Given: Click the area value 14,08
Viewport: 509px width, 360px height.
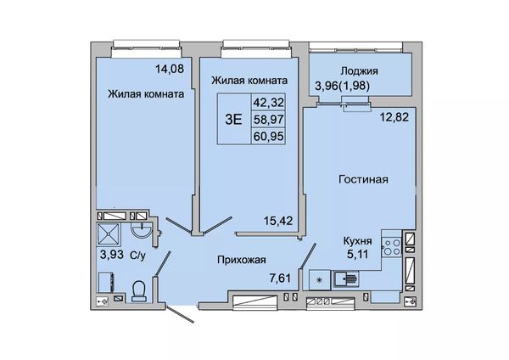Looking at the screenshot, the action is pyautogui.click(x=170, y=69).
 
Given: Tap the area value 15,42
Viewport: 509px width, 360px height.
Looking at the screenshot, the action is pyautogui.click(x=278, y=221).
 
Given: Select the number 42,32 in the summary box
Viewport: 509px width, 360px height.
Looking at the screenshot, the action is pyautogui.click(x=268, y=103).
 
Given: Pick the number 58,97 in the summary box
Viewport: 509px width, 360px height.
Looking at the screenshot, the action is pyautogui.click(x=268, y=119).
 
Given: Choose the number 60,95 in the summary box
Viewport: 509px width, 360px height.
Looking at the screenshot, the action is pyautogui.click(x=268, y=136).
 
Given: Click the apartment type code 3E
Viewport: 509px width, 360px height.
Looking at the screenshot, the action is pyautogui.click(x=233, y=120).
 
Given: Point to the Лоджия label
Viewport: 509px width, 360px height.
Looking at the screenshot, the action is pyautogui.click(x=360, y=70).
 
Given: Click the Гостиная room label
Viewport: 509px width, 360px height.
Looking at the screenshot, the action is pyautogui.click(x=363, y=179).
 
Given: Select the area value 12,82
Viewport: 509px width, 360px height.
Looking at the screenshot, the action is pyautogui.click(x=394, y=117).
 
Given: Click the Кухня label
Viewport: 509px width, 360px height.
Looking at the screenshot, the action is pyautogui.click(x=358, y=241).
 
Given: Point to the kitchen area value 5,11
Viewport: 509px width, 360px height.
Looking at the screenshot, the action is pyautogui.click(x=358, y=253).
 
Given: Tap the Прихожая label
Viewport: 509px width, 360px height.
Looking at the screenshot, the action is pyautogui.click(x=242, y=260).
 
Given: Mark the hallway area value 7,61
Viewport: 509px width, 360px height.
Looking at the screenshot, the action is pyautogui.click(x=280, y=278).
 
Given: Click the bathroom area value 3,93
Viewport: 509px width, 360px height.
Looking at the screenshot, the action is pyautogui.click(x=112, y=254).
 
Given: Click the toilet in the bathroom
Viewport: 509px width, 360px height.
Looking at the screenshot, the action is pyautogui.click(x=139, y=290).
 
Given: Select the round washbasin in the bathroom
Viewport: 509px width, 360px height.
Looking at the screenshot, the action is pyautogui.click(x=141, y=231).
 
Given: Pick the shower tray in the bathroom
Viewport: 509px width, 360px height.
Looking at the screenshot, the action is pyautogui.click(x=109, y=233).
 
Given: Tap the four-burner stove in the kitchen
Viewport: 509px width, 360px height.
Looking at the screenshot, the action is pyautogui.click(x=392, y=246).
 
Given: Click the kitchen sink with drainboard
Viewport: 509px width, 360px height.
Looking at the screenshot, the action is pyautogui.click(x=347, y=278).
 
